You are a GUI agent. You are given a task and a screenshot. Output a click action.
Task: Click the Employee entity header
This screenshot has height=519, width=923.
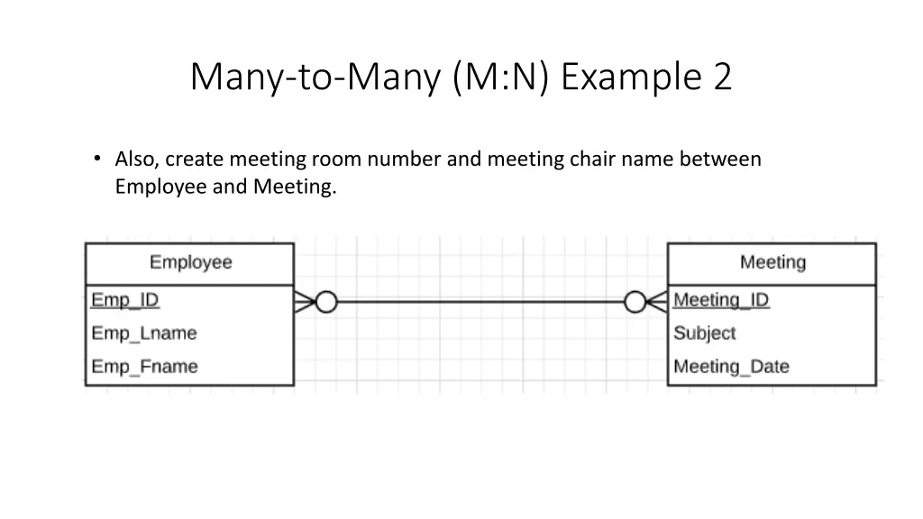190,262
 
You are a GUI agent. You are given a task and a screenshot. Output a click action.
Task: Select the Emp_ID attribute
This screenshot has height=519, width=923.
125,299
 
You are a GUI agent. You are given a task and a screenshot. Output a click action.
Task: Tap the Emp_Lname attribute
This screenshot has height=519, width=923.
143,332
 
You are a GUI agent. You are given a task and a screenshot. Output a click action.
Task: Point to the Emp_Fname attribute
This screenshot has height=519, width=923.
144,367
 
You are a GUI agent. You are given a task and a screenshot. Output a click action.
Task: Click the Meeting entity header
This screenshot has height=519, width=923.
772,262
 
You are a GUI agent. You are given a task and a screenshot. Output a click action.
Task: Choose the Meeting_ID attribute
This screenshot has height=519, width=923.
721,299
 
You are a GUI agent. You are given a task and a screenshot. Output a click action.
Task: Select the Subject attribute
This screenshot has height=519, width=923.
704,332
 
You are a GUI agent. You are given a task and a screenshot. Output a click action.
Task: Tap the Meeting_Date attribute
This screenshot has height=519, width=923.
731,367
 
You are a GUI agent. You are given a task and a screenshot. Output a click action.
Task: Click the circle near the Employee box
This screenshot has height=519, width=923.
325,302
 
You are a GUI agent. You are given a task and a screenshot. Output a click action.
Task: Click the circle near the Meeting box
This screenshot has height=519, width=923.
635,302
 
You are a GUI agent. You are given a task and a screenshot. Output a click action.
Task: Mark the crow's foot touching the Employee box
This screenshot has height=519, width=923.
305,302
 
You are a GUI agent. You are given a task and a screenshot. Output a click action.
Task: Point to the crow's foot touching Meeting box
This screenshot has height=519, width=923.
657,302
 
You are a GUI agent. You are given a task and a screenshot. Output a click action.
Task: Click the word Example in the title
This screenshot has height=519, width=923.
630,77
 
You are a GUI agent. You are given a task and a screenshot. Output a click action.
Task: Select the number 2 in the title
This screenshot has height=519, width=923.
722,77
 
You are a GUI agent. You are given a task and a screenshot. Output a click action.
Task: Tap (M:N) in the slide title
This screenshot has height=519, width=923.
500,77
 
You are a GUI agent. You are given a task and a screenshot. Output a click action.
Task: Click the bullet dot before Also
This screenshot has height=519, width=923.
97,159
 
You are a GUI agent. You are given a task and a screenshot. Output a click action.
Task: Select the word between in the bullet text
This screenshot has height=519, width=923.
720,159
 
